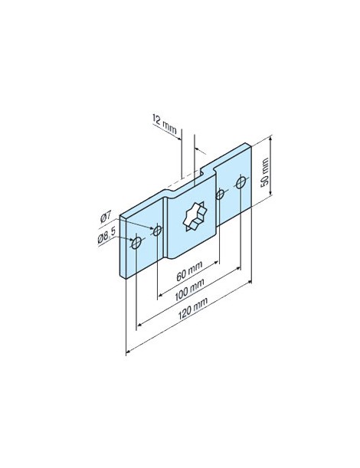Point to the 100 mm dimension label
click(x=188, y=290)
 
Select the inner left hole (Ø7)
click(x=157, y=230)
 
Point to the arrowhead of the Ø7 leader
click(x=151, y=230)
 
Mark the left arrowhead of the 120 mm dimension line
click(x=127, y=351)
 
